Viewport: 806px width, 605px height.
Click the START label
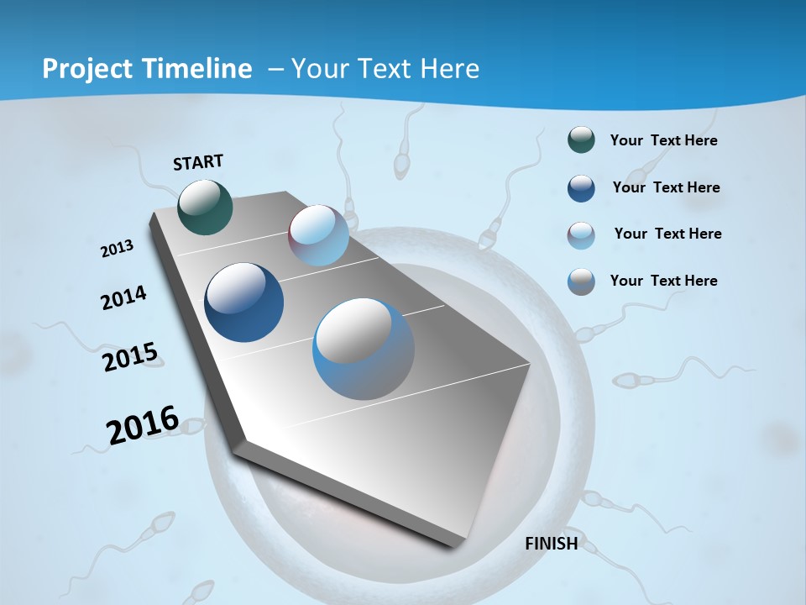pos(198,162)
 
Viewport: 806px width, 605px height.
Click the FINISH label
pos(551,543)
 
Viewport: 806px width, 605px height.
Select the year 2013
pos(117,249)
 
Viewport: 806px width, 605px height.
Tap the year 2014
pos(123,298)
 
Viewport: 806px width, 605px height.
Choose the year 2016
pos(143,425)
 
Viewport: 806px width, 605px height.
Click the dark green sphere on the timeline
pos(205,207)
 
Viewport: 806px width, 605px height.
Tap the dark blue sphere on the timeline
pos(243,302)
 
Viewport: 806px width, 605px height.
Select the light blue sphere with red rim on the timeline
pos(318,235)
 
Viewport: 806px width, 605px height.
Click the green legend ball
pos(581,140)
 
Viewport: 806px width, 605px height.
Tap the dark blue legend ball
pos(581,187)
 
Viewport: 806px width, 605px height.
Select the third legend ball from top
pos(581,234)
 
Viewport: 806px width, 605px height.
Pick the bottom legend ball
pos(581,281)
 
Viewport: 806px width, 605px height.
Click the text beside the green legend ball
pos(663,140)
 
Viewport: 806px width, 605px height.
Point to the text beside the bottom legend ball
pos(663,281)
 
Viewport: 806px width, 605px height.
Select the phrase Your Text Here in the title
pos(385,69)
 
